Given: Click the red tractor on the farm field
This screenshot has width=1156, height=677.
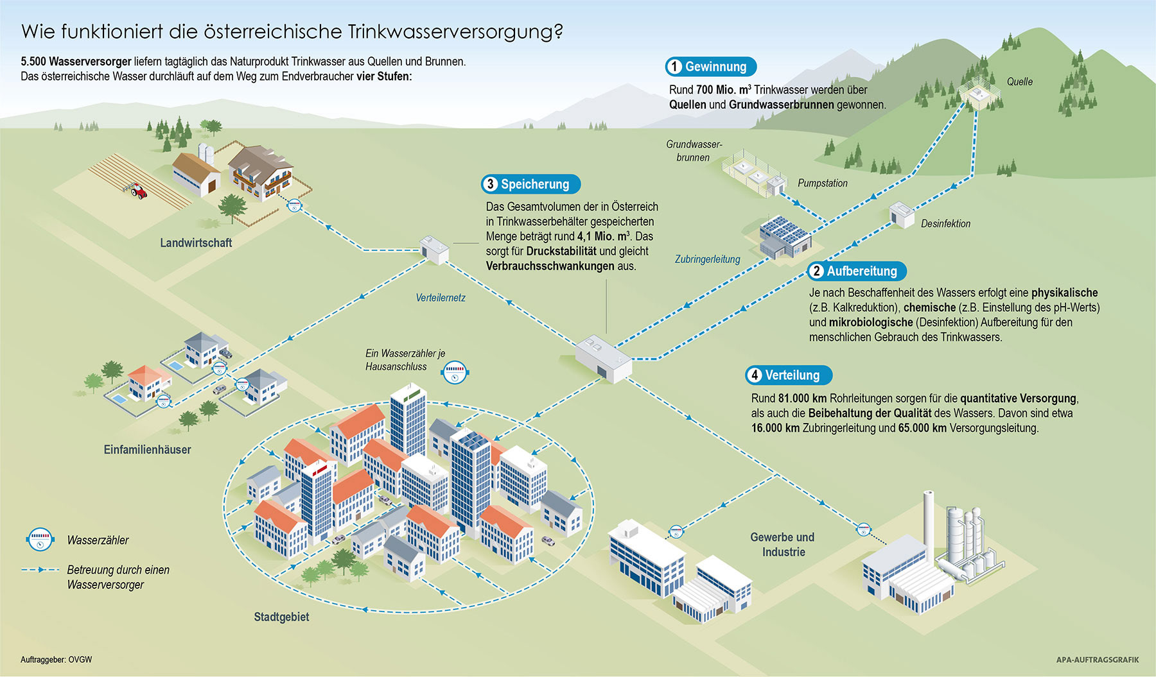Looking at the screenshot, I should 138,191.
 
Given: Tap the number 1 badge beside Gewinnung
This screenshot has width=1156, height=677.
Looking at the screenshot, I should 674,67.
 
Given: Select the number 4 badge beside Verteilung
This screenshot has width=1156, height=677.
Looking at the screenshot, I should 755,375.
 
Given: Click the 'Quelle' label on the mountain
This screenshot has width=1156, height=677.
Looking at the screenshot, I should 1019,82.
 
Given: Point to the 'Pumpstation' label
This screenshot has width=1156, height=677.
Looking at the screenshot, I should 822,184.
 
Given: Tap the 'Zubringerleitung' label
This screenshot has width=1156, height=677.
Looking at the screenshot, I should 707,259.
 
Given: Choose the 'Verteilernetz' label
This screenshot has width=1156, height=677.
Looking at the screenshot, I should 440,298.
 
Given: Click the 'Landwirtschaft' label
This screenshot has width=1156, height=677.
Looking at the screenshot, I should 196,243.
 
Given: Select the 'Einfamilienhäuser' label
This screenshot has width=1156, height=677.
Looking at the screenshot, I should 147,450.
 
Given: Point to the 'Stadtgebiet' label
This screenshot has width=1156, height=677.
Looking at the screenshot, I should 281,617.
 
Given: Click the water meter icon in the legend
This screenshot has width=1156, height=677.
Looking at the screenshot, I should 40,540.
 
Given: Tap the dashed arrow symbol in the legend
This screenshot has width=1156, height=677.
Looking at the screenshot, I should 40,570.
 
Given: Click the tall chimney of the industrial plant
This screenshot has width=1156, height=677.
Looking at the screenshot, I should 929,520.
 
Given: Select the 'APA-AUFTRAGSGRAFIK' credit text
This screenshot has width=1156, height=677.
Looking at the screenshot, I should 1097,660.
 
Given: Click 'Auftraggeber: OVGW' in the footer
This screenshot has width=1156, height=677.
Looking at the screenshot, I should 56,660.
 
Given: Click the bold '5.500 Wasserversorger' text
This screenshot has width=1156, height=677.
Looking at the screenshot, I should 76,62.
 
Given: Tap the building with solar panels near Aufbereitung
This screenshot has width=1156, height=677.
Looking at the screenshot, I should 785,236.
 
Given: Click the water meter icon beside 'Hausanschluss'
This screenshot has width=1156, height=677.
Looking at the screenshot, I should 455,372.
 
